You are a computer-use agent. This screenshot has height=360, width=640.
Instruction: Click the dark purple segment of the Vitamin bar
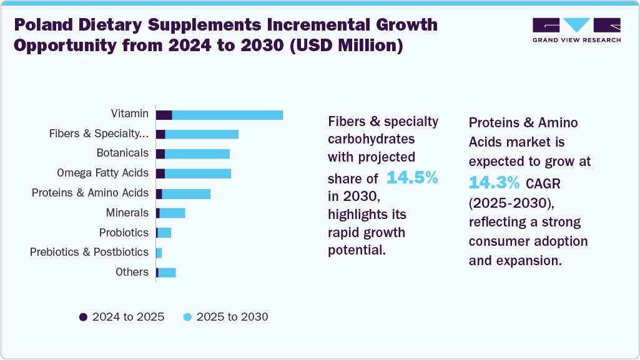coord(164,115)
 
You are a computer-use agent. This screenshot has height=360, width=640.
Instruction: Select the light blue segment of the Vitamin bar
coord(227,115)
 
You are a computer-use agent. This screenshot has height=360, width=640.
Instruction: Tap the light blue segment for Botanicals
coord(197,154)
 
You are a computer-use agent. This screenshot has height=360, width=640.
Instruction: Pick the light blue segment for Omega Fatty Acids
coord(198,173)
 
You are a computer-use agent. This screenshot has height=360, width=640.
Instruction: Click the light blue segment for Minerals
coord(172,213)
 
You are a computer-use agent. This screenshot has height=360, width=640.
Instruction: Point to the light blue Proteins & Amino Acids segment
coord(186,193)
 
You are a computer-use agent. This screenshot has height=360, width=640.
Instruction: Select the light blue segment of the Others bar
coord(167,273)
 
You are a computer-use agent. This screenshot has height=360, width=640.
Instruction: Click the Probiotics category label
coord(124,233)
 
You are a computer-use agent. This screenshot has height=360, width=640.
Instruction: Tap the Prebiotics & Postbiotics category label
coord(89,252)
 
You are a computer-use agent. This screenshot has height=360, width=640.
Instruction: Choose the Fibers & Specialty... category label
coord(99,134)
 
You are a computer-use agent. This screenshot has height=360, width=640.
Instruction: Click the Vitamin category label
coord(130,114)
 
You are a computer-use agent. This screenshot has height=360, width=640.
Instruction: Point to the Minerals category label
coord(127,213)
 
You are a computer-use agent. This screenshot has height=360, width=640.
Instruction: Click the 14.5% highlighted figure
coord(412,178)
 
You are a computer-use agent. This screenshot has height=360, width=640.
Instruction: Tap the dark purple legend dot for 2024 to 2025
coord(83,317)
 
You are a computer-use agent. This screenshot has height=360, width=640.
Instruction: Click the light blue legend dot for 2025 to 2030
coord(187,317)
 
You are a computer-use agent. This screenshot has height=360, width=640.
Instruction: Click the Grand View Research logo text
coord(576,40)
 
